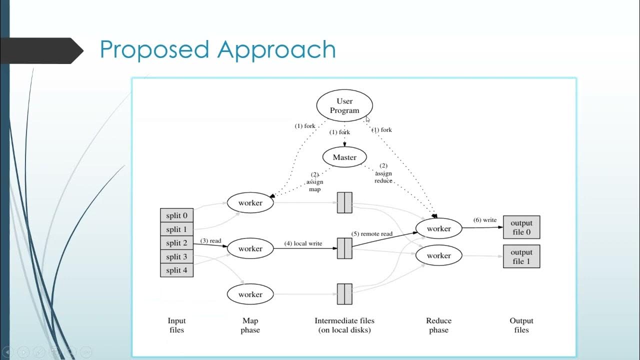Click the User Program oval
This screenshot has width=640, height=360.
pos(344,106)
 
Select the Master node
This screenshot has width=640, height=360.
pos(344,157)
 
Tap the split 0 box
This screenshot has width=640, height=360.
pos(176,216)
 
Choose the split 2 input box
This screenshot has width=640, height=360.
pos(176,243)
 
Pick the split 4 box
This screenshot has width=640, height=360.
pos(176,270)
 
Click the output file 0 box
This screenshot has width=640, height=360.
pos(521,227)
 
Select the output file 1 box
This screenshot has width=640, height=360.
pos(521,256)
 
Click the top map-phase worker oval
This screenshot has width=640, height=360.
pos(250,203)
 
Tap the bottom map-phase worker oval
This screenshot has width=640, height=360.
pos(250,294)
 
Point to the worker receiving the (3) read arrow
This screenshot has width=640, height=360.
pos(250,248)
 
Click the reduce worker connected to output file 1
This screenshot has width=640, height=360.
pos(438,255)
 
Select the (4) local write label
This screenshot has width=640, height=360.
pos(303,243)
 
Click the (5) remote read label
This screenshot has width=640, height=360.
pos(371,233)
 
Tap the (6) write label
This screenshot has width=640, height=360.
pos(485,220)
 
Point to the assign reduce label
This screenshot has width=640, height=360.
pos(383,173)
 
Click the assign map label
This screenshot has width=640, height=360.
pos(315,182)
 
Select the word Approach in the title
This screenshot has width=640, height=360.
pos(276,50)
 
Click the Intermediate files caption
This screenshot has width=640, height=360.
pos(344,325)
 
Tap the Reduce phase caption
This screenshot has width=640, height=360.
pos(438,325)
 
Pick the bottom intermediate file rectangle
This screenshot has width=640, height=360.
pos(344,294)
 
